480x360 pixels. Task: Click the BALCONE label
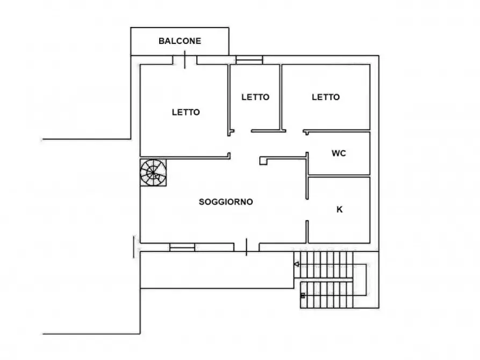click(x=180, y=41)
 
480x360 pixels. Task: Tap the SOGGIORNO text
click(x=226, y=202)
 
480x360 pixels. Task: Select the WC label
click(x=339, y=153)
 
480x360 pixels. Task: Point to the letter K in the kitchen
click(x=339, y=210)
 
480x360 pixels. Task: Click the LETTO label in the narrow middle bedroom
click(x=255, y=97)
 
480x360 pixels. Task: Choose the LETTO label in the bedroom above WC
click(x=326, y=97)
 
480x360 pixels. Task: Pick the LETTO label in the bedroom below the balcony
click(x=186, y=112)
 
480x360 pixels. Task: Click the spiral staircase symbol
click(x=153, y=172)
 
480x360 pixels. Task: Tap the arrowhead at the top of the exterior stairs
click(x=296, y=264)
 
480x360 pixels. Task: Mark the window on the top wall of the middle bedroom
click(x=249, y=60)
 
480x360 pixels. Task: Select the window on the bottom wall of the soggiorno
click(x=182, y=247)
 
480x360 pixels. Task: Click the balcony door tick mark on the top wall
click(x=185, y=59)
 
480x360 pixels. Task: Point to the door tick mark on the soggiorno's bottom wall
click(x=246, y=247)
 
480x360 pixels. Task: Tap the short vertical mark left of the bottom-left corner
click(x=133, y=246)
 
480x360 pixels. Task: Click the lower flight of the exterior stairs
click(x=326, y=294)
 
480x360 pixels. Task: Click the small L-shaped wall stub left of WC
click(x=263, y=160)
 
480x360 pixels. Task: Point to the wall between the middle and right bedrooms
click(x=281, y=97)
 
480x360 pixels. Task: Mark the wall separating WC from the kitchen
click(x=339, y=176)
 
